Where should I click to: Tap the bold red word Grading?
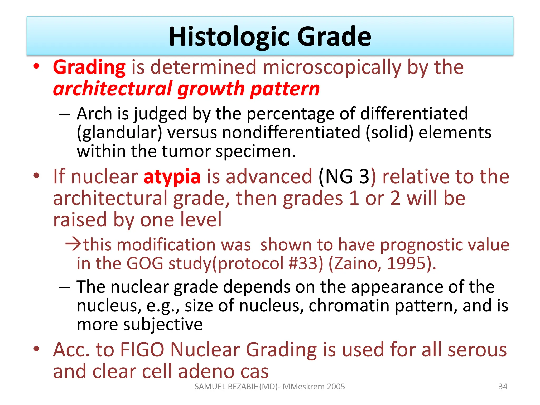pyautogui.click(x=89, y=67)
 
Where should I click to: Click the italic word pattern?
pyautogui.click(x=285, y=89)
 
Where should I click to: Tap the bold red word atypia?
pyautogui.click(x=172, y=176)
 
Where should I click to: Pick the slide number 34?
pyautogui.click(x=503, y=387)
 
